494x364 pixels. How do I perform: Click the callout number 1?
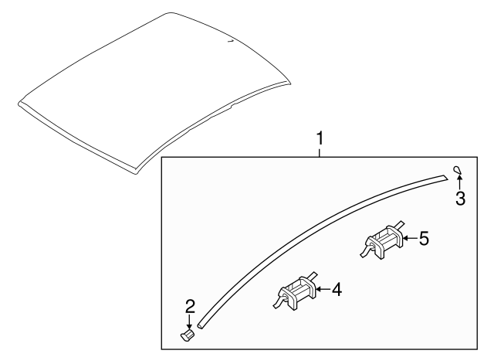[320, 139]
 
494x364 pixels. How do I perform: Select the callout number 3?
[460, 199]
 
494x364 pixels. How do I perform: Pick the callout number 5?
[423, 239]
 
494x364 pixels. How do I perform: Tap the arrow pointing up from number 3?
[460, 182]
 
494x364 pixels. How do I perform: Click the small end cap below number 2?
[186, 337]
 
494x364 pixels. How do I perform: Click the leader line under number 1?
[320, 152]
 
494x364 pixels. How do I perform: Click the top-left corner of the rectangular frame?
[162, 158]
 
